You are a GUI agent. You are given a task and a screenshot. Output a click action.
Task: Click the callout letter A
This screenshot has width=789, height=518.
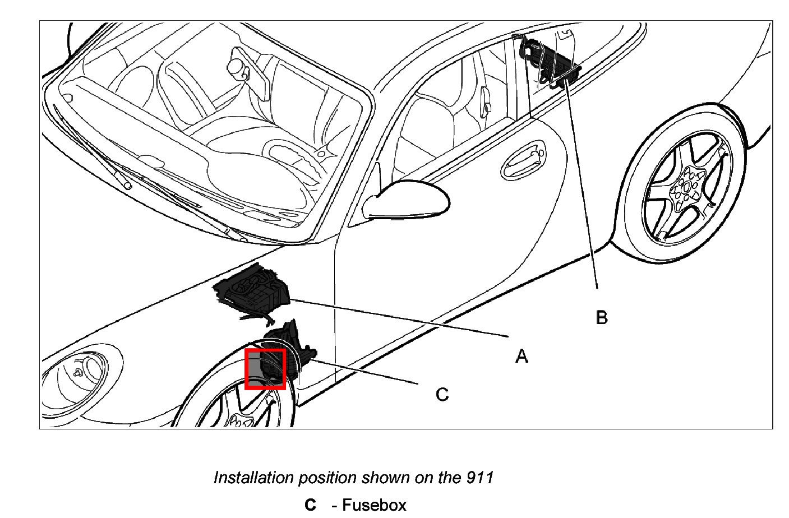tap(522, 356)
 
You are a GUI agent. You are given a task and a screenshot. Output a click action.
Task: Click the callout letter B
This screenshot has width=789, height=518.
tap(601, 318)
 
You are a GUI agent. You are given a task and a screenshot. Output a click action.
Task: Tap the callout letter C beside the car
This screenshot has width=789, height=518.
tap(442, 395)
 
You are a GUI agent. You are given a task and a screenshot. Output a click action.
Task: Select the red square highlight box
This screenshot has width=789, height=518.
tap(266, 369)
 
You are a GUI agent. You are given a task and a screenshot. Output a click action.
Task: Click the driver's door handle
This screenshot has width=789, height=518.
tap(523, 160)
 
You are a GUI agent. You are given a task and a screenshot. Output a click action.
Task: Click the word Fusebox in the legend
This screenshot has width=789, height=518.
tap(374, 505)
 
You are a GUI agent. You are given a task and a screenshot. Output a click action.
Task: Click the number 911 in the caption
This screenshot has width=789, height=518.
tap(479, 478)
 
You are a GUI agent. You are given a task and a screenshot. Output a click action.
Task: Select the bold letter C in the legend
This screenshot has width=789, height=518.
tap(310, 505)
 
